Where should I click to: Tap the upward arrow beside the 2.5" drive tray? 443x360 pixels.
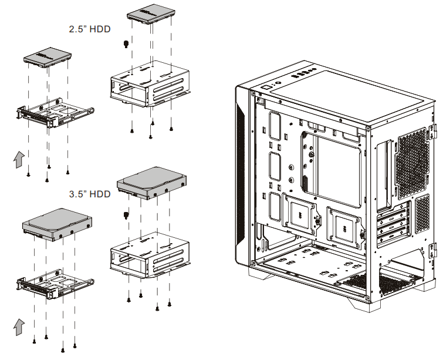tap(19, 159)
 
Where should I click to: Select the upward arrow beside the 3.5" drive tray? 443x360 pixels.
tap(19, 325)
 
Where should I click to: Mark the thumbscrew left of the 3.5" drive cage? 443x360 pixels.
tap(125, 214)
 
